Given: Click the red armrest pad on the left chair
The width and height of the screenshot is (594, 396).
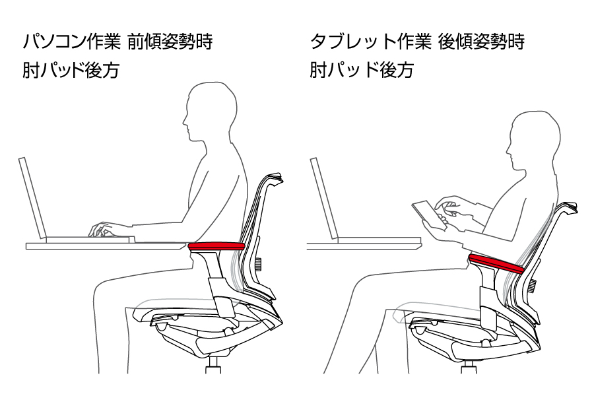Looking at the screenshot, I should tap(216, 246).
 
